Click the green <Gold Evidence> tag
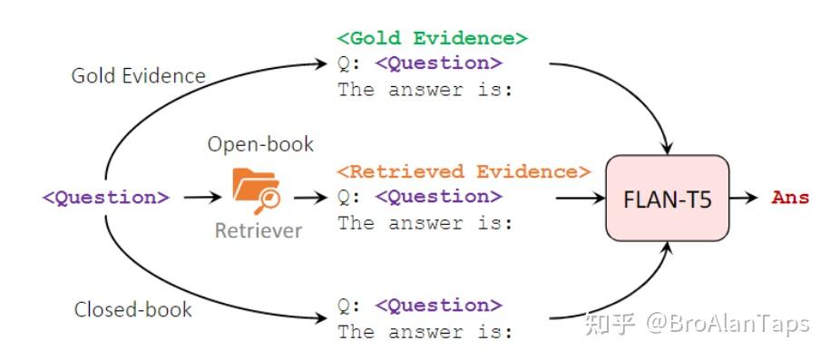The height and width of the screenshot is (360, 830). point(432,39)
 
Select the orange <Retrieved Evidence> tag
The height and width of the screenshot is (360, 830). point(464,171)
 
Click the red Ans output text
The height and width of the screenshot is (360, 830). point(789,198)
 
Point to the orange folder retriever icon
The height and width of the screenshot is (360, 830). point(256,189)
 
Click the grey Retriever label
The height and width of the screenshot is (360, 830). point(259,230)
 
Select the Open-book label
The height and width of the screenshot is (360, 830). point(260,144)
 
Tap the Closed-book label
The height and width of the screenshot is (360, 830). point(132,309)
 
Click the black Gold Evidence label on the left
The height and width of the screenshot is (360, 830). point(139,75)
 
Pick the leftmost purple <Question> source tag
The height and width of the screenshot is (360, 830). point(106,198)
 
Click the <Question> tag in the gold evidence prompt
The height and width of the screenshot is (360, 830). point(438,63)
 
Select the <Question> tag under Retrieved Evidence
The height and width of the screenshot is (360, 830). point(438,197)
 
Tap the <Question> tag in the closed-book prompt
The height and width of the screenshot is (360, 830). point(438,306)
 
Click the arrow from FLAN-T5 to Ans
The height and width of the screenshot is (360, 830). point(747,198)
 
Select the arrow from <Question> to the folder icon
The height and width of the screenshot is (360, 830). point(202,197)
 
